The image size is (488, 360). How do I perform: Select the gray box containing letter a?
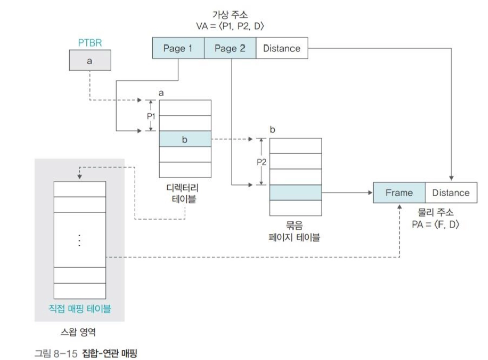(89, 61)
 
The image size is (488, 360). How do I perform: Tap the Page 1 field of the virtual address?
(178, 49)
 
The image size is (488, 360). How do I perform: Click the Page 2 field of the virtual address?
(230, 49)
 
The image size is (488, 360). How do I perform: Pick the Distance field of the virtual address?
(281, 49)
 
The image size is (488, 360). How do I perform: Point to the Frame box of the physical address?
(399, 193)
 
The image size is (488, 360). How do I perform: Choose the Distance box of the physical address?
(451, 193)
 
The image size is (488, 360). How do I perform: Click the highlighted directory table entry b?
(185, 139)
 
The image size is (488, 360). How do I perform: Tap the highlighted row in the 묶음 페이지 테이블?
(296, 193)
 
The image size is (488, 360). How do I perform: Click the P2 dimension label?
(261, 162)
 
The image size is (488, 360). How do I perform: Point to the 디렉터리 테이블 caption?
(184, 194)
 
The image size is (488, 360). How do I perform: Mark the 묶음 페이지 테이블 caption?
(295, 231)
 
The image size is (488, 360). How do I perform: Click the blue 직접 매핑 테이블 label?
(80, 309)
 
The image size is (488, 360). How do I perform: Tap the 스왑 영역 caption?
(79, 333)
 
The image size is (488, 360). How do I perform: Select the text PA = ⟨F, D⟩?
(435, 224)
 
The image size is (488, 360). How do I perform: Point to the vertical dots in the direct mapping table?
(79, 241)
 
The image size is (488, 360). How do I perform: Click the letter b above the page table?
(273, 130)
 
